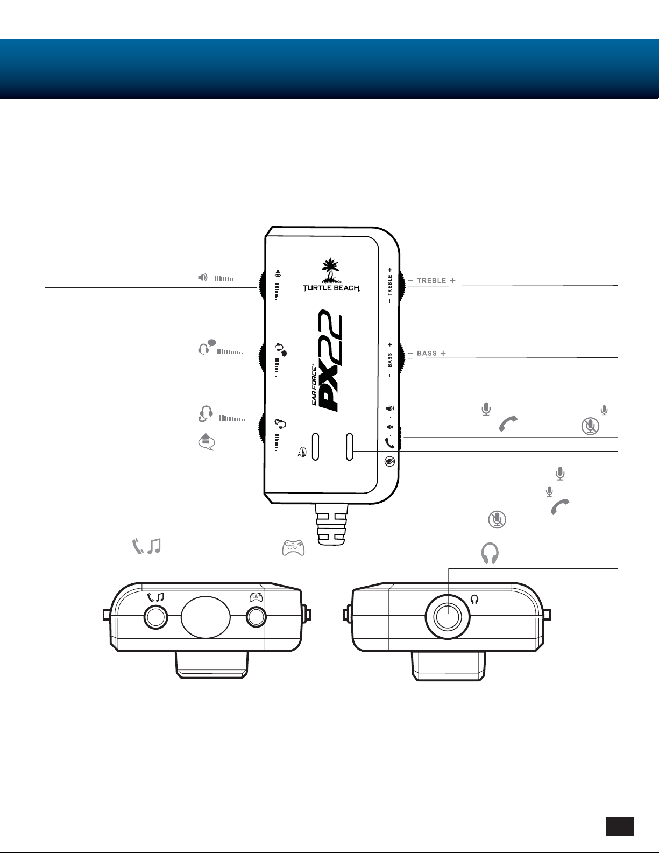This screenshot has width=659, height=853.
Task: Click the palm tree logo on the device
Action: (331, 271)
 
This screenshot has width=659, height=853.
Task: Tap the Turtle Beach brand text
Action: (331, 288)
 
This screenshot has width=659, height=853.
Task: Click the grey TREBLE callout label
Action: (431, 281)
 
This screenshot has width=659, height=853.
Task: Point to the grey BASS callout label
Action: (427, 353)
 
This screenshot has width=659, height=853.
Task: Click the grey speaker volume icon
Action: (202, 278)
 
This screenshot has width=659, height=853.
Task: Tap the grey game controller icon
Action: (293, 548)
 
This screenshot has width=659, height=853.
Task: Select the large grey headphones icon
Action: (490, 553)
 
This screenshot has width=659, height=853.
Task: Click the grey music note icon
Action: (154, 546)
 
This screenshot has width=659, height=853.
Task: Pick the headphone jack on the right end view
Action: (448, 617)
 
